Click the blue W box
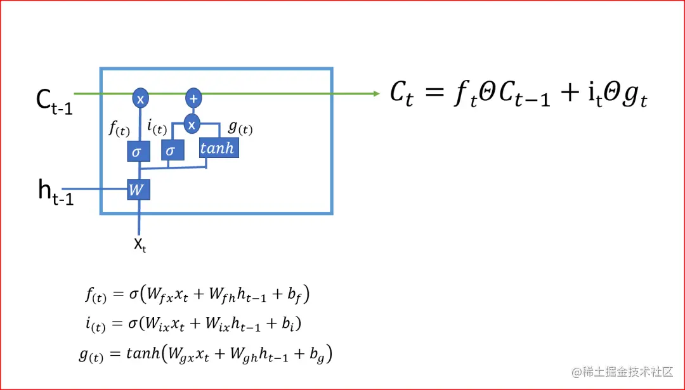click(x=138, y=189)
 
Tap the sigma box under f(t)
click(x=138, y=152)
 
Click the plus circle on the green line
click(x=193, y=98)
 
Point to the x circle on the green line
click(x=140, y=98)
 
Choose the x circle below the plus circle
click(x=192, y=124)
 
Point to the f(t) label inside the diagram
click(x=119, y=129)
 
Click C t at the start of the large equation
click(x=402, y=95)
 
